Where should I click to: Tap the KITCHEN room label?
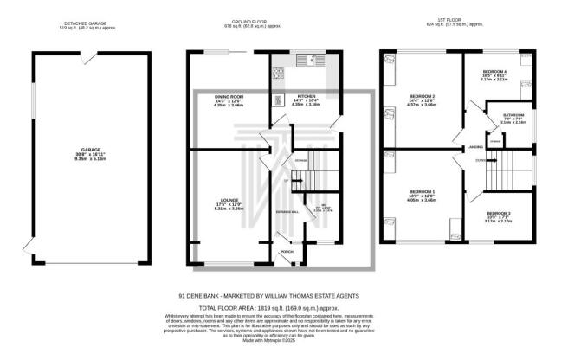pos(307,96)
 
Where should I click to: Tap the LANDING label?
pos(475,146)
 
